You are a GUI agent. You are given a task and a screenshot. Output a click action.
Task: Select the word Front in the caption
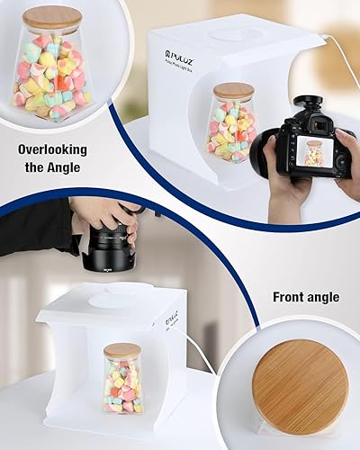point(289,297)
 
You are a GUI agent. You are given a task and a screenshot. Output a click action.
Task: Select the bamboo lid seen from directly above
point(300,386)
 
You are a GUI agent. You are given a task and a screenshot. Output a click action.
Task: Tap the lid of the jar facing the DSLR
point(233,90)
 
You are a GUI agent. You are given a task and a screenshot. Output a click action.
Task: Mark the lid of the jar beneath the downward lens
point(122,350)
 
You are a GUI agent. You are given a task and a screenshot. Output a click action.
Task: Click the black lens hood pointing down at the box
point(106,259)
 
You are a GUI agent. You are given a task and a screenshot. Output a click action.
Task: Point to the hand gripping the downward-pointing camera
point(102,214)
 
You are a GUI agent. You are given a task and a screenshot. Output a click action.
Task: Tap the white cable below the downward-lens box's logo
point(200,353)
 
